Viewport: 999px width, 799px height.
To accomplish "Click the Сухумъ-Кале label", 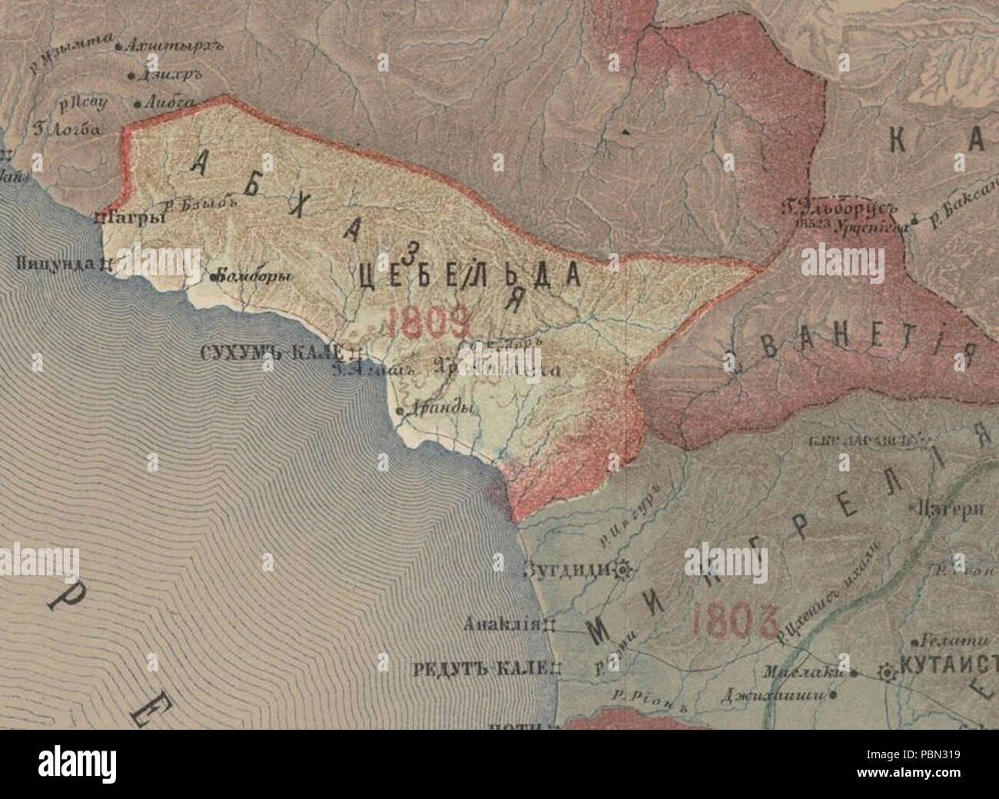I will coord(270,353).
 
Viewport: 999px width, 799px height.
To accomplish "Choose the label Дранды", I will coord(438,410).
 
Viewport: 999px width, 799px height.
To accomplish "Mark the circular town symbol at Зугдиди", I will coord(622,570).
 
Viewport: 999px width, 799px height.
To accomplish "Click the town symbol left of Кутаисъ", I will coord(888,672).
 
